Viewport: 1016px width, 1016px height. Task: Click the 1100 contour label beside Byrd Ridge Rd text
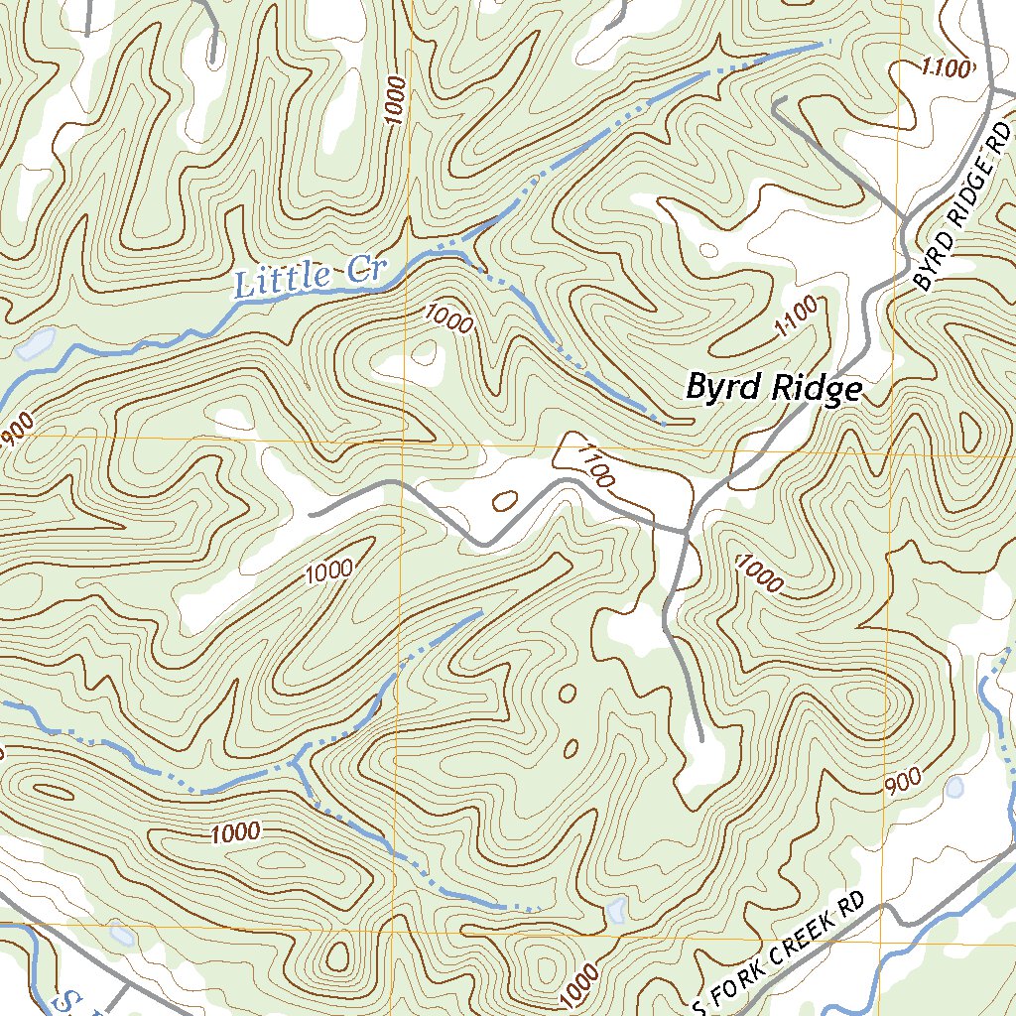[944, 67]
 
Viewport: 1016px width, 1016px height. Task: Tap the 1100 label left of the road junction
[594, 466]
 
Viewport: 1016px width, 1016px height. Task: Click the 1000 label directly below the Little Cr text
[448, 319]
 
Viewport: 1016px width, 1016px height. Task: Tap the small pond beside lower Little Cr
[36, 344]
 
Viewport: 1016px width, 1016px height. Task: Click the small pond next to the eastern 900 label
[954, 788]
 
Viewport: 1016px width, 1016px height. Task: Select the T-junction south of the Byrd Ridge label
[687, 533]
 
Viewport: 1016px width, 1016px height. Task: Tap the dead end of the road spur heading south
[701, 739]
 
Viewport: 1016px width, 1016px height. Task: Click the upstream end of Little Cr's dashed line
[829, 43]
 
